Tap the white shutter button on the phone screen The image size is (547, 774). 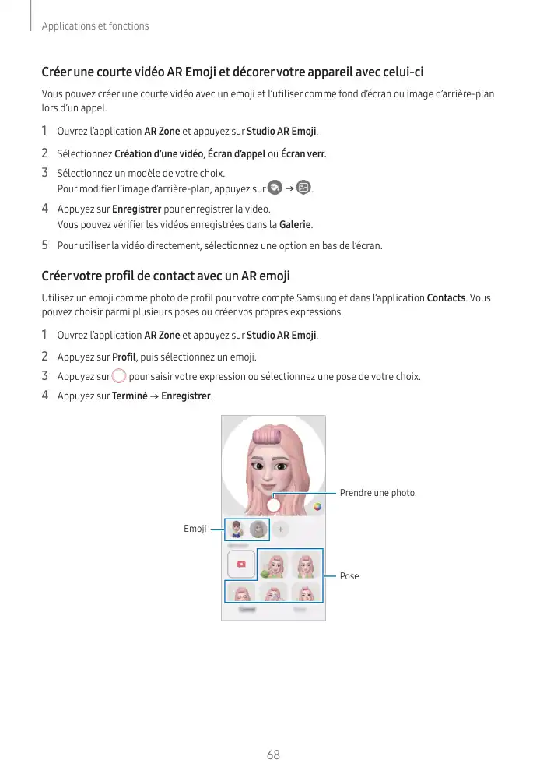[273, 505]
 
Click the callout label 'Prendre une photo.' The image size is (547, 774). [378, 493]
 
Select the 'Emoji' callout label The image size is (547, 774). [195, 529]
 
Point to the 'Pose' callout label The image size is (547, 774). [349, 576]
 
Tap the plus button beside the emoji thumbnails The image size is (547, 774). [279, 529]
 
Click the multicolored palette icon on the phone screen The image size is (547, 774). [317, 506]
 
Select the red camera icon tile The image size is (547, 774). [241, 564]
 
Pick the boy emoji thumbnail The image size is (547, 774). [237, 529]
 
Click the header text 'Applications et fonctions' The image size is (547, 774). [95, 26]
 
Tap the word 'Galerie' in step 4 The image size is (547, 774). [295, 225]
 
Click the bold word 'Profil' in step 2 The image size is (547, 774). [124, 357]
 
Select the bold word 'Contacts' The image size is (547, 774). [447, 298]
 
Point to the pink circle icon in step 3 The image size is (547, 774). [118, 377]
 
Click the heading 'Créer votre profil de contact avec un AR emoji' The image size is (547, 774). [165, 276]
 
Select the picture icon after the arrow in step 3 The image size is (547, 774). [303, 188]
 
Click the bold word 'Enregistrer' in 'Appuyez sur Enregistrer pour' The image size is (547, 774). [136, 209]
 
